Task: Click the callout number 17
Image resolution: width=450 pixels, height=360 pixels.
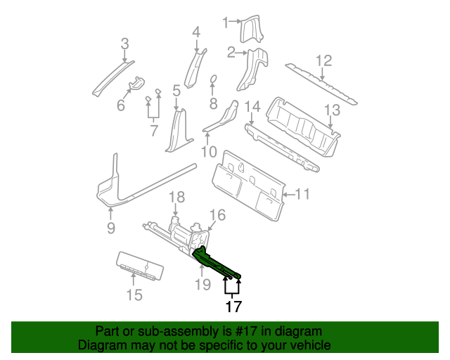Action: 233,307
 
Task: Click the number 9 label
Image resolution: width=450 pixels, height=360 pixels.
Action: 110,227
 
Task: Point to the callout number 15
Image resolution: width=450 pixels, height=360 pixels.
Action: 134,295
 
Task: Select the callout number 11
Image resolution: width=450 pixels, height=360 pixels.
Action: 302,195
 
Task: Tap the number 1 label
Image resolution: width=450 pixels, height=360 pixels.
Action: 226,22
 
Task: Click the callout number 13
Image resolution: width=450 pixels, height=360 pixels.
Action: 332,110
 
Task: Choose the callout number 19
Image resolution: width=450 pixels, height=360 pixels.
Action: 202,284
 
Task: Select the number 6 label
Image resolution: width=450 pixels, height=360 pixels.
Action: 120,105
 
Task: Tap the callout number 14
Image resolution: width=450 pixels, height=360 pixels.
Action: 253,107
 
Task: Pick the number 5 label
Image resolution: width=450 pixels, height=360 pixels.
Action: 176,90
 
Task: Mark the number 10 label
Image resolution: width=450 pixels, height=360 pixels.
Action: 208,151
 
